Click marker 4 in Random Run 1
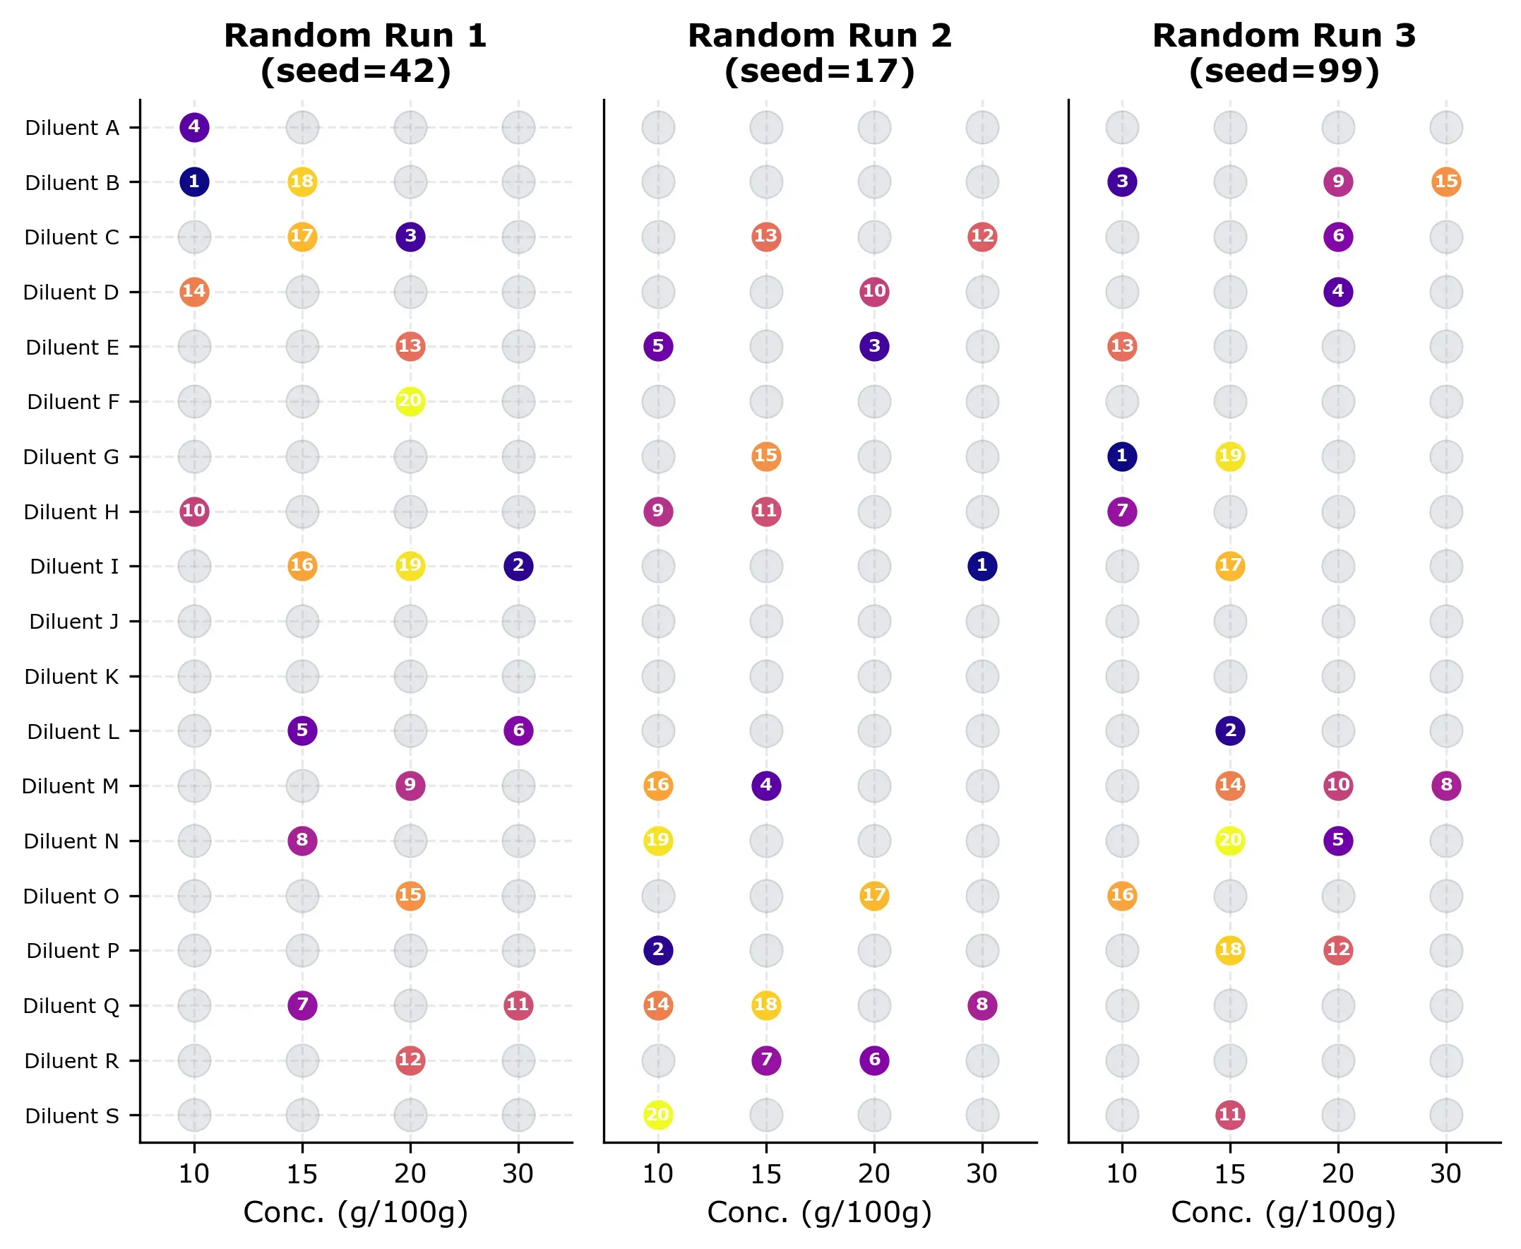coord(194,127)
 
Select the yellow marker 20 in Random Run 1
coord(410,401)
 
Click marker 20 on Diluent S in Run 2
coord(658,1115)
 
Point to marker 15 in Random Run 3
coord(1445,182)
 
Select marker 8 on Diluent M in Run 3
coord(1445,786)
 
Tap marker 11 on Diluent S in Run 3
coord(1230,1115)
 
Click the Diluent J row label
coord(73,622)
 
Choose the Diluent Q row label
coord(71,1006)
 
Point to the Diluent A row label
coord(72,128)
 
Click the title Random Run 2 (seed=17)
coord(820,54)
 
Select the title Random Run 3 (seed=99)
coord(1284,54)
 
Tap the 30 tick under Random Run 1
coord(518,1174)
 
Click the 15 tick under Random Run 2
coord(766,1174)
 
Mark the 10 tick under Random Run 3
coord(1122,1174)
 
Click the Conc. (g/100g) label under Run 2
coord(820,1213)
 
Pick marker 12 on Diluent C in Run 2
coord(982,237)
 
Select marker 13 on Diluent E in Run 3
coord(1122,347)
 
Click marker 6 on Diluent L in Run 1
coord(518,731)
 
